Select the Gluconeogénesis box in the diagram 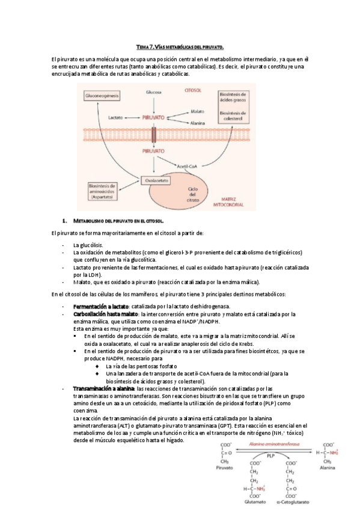[102, 96]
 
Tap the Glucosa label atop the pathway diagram [154, 91]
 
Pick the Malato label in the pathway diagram [198, 111]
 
